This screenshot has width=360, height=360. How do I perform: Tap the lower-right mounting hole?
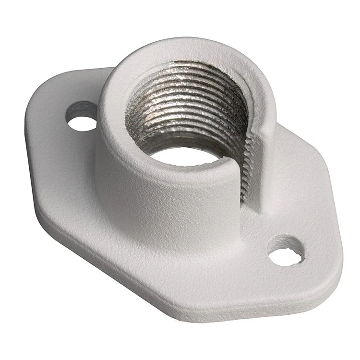(x=287, y=252)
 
